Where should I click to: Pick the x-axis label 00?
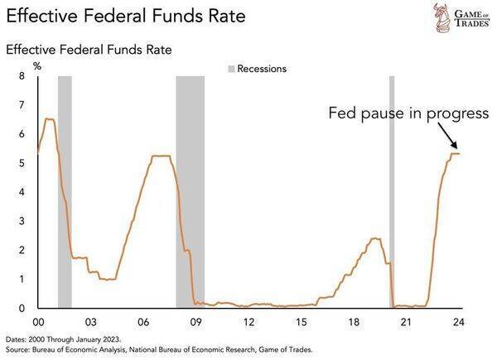click(37, 323)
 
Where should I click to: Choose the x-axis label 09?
click(195, 323)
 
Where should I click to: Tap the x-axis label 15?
click(302, 323)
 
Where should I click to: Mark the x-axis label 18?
click(355, 323)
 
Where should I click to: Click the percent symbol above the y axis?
click(36, 65)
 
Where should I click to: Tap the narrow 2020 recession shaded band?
click(392, 190)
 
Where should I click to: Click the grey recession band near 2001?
click(65, 190)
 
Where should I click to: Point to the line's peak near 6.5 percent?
click(49, 119)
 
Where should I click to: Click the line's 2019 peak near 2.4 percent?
click(375, 238)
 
